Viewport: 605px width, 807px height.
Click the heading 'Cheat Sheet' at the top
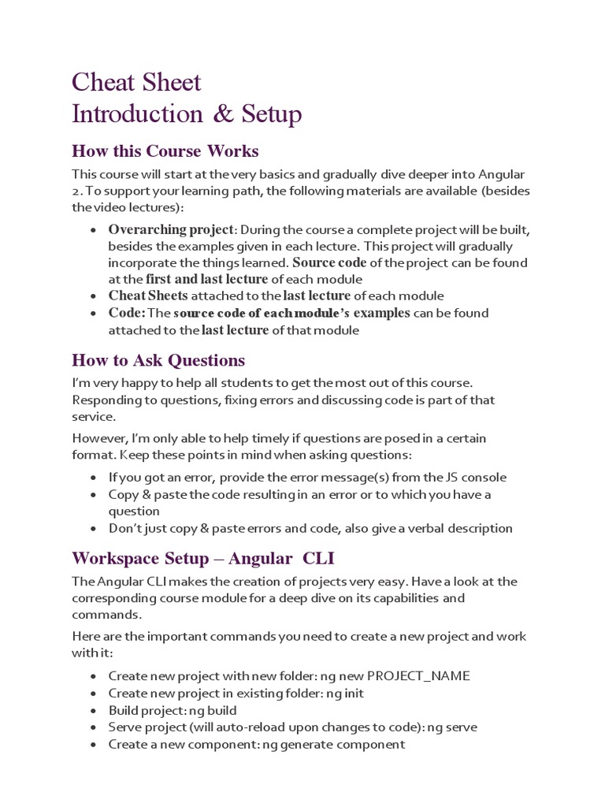(x=136, y=82)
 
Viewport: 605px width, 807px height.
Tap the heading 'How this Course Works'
(x=165, y=151)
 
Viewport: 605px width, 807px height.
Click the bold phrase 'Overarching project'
(x=171, y=229)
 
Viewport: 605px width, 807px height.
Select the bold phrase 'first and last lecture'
(x=207, y=279)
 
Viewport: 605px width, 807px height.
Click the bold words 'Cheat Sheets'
(x=148, y=296)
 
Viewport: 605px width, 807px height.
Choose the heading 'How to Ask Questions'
(x=158, y=360)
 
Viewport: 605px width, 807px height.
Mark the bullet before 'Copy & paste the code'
(x=94, y=495)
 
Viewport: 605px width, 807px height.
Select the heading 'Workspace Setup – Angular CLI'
(x=203, y=559)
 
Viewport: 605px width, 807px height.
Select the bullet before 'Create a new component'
(x=94, y=744)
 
